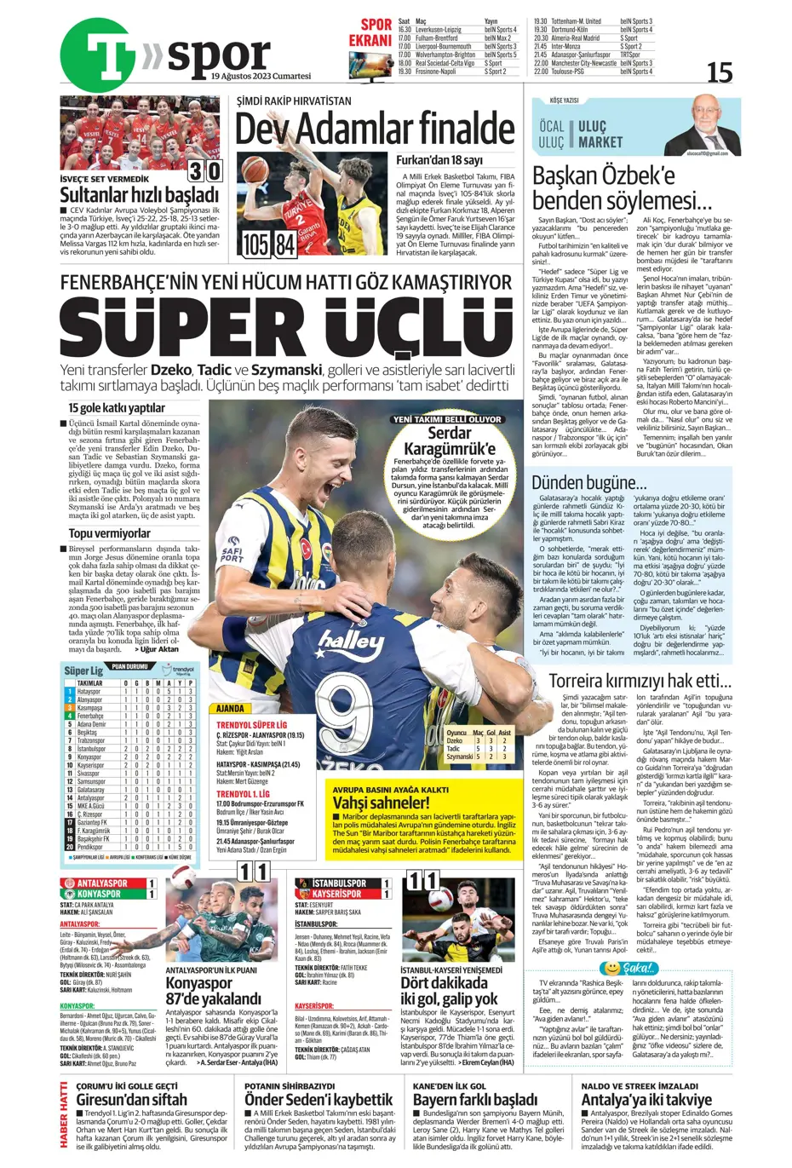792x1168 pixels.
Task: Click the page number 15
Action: (719, 72)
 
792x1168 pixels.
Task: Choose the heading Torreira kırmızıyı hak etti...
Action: (640, 681)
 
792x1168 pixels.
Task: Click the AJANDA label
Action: (230, 709)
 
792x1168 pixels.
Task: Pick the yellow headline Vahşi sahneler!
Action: (381, 803)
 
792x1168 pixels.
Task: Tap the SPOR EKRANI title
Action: (370, 33)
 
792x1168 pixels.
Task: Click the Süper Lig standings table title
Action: (83, 670)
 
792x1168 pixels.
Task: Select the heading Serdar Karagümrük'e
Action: (449, 440)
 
